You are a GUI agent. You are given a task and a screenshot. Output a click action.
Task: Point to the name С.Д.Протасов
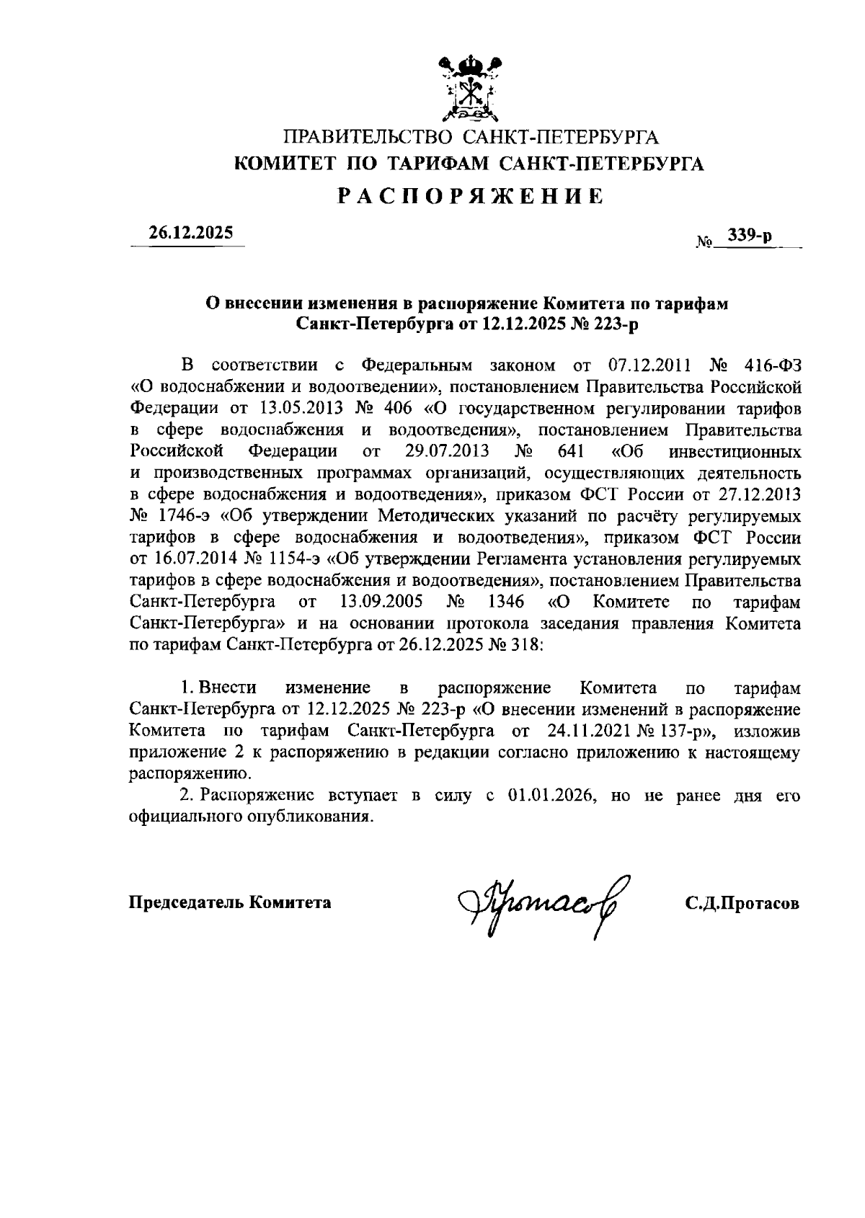742,903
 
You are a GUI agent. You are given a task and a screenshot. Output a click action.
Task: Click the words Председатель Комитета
230,902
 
